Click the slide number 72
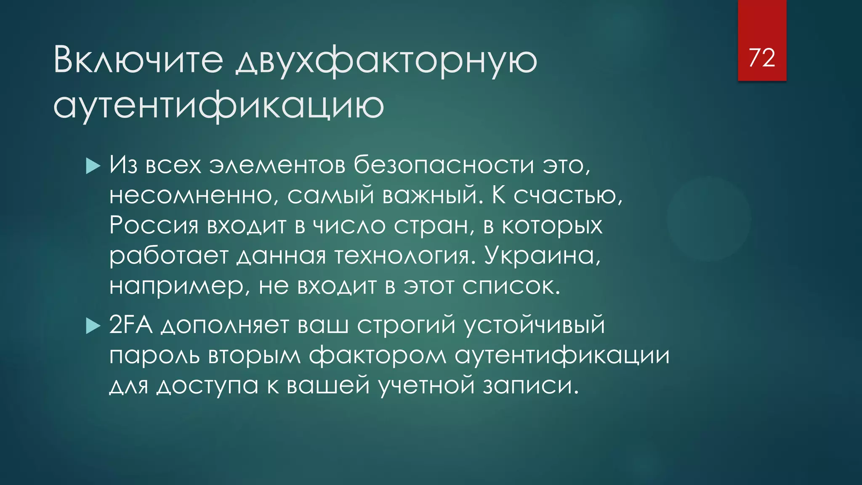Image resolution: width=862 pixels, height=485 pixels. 762,58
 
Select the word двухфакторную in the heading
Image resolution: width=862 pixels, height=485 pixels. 386,61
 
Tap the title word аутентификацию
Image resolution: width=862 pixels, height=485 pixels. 218,105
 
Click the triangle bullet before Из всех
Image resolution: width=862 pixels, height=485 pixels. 93,166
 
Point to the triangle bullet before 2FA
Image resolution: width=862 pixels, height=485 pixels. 93,325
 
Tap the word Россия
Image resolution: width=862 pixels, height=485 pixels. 154,226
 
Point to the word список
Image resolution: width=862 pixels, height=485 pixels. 511,286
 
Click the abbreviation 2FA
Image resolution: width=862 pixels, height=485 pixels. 130,325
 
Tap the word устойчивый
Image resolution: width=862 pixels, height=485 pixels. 535,325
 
